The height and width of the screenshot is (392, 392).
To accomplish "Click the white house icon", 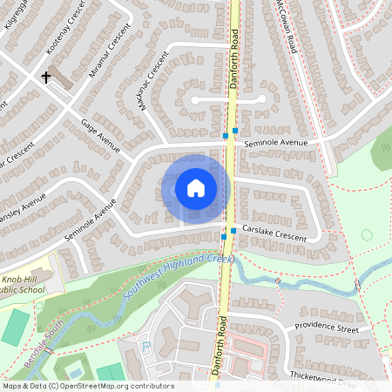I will pos(196,187).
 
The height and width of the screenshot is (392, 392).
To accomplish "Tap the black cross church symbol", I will pos(45,77).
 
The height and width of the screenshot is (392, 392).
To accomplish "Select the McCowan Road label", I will pos(288,27).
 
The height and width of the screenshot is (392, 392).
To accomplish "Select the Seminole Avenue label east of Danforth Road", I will pos(276,142).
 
